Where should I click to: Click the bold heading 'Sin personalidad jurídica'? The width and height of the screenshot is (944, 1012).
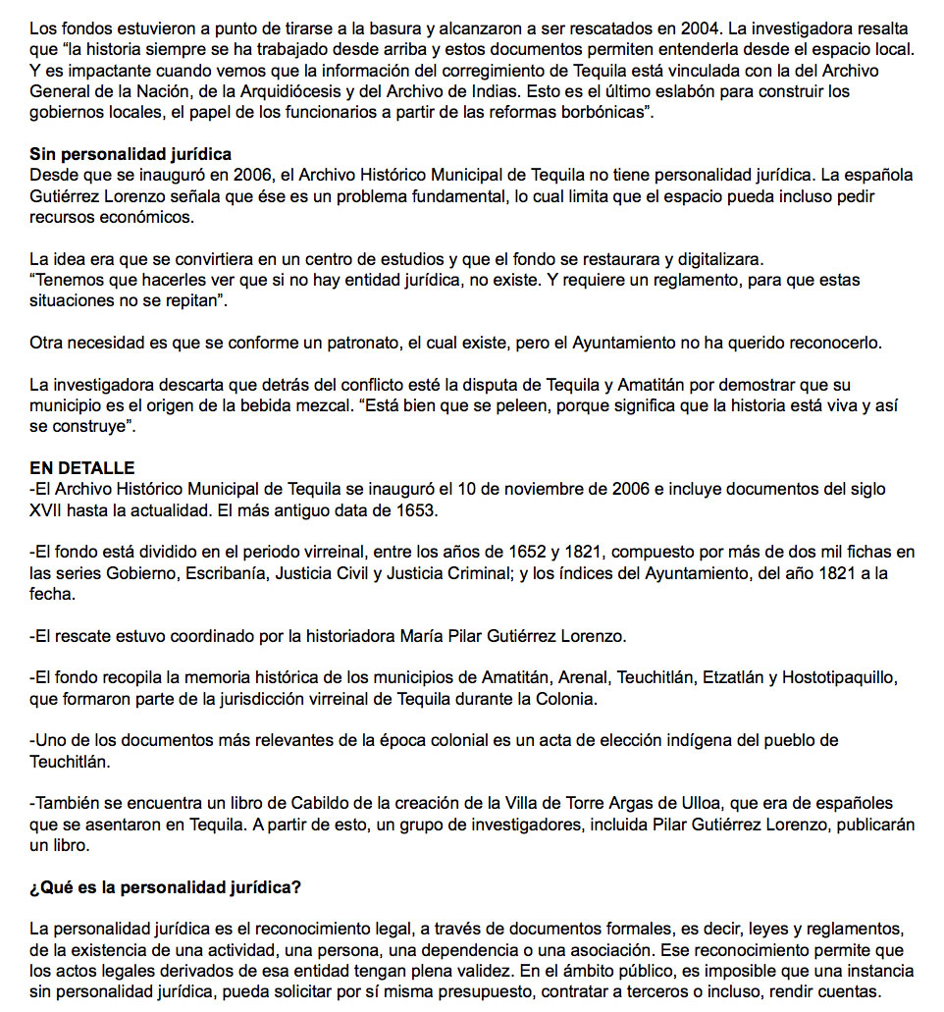pos(131,155)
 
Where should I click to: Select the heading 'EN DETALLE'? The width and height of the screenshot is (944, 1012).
pos(82,468)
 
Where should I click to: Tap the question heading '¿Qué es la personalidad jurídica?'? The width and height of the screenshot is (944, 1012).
pos(165,888)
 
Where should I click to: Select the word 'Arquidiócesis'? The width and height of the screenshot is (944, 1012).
pos(362,91)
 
